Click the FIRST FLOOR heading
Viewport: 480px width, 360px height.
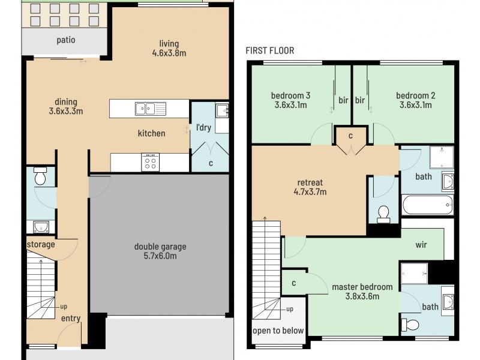(269, 50)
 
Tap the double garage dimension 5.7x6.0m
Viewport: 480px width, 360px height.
(160, 256)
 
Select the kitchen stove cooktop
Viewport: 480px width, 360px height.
(150, 162)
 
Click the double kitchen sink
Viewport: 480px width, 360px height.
(150, 109)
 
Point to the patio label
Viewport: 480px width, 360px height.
(66, 40)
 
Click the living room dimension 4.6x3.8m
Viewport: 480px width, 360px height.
(169, 53)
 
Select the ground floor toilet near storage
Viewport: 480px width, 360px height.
(40, 177)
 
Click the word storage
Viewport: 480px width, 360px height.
(40, 244)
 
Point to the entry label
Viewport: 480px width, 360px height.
(71, 318)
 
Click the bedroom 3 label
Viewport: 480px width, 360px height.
(290, 95)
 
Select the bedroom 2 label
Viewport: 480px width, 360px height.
(415, 95)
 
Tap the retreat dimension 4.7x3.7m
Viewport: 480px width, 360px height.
(310, 192)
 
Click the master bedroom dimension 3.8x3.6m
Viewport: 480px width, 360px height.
(362, 296)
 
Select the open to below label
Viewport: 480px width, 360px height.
(278, 331)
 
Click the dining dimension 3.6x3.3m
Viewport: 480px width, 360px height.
(65, 111)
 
